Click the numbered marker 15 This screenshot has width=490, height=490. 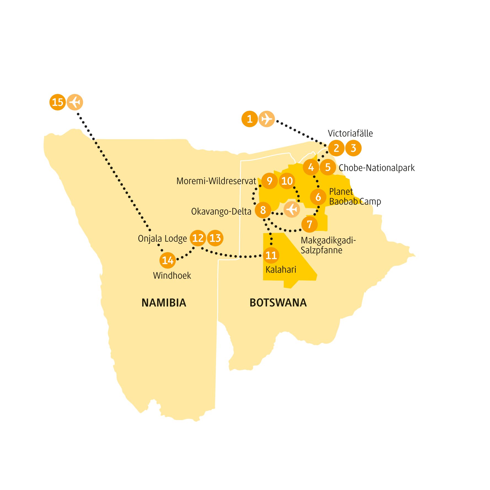57,102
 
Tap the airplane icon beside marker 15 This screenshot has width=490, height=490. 75,102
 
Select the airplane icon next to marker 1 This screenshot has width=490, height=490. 266,119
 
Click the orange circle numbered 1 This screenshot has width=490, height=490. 250,119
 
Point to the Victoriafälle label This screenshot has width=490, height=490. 350,134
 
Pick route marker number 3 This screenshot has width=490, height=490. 353,148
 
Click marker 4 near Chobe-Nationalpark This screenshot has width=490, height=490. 311,167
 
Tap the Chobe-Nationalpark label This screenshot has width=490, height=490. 376,168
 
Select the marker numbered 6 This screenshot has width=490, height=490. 318,197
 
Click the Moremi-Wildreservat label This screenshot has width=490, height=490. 216,181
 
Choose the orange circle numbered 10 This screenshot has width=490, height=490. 287,181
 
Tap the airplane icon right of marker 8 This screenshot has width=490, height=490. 292,210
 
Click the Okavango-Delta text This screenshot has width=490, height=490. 221,212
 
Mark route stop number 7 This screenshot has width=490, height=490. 309,224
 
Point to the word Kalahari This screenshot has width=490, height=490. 281,270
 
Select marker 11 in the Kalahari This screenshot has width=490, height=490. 271,255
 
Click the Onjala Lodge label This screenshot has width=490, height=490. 162,239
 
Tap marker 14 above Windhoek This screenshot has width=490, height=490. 168,260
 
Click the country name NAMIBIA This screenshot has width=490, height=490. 164,303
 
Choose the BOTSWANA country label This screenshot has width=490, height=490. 278,303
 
